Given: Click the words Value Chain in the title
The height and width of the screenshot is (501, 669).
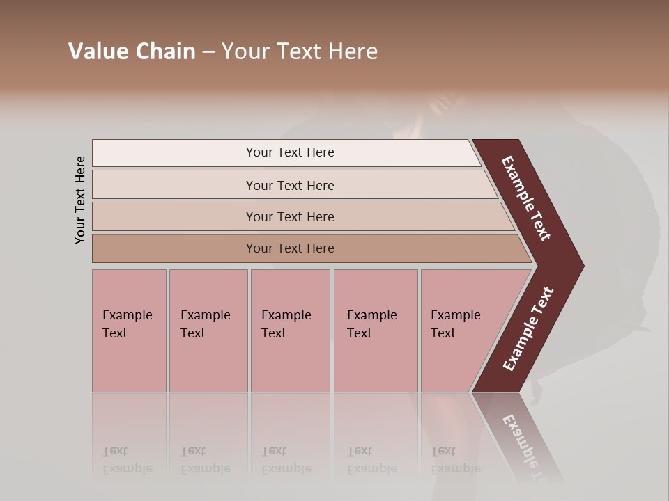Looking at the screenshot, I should (x=132, y=51).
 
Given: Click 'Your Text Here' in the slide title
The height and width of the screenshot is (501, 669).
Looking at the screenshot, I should (x=300, y=51).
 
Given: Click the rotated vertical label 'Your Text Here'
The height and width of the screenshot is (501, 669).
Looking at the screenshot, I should (x=80, y=200).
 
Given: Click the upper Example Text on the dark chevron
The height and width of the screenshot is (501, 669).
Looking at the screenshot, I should (x=526, y=198).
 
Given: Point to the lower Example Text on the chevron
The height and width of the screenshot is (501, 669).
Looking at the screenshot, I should (x=528, y=329).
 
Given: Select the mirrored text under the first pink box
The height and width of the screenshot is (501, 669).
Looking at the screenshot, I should (x=127, y=460).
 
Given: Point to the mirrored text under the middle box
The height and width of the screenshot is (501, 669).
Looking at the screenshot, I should (x=286, y=460).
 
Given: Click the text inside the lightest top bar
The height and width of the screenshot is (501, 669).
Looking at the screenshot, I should (x=290, y=152).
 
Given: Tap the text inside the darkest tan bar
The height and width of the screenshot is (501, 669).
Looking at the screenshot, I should (x=290, y=248).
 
